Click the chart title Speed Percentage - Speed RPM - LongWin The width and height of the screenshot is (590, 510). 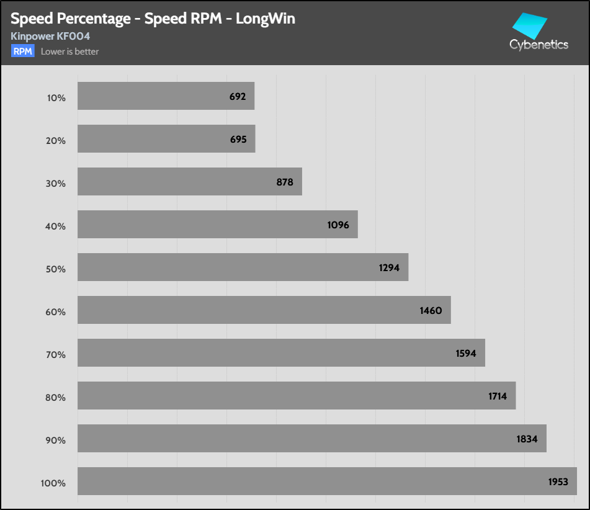[153, 19]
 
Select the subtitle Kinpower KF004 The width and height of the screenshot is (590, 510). [50, 37]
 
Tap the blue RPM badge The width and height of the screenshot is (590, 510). [23, 51]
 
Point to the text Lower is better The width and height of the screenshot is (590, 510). [69, 51]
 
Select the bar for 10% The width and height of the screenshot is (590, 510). [166, 96]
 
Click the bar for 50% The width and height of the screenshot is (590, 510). [243, 267]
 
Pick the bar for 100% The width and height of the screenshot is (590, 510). [327, 481]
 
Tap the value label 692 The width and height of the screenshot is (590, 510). [237, 97]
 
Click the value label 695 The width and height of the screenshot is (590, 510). [238, 140]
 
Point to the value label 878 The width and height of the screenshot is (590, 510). [285, 182]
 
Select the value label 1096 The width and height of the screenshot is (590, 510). [338, 225]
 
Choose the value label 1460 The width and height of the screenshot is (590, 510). [431, 310]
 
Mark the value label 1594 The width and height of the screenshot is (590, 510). [465, 353]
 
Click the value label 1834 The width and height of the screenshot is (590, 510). [527, 439]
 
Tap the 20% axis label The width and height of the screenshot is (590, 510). [56, 141]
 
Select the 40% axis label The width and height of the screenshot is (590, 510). [56, 226]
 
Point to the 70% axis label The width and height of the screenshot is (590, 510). [56, 355]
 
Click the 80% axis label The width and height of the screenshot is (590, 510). [56, 398]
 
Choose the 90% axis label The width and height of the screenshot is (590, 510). [56, 441]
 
